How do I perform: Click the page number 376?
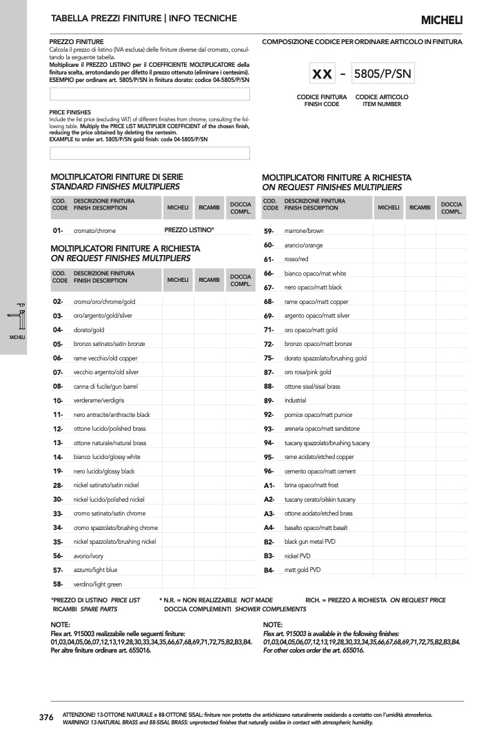46,717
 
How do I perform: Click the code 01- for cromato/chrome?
58,231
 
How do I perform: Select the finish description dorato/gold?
89,330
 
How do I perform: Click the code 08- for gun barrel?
58,387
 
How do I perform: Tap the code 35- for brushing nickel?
58,542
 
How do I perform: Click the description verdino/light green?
98,584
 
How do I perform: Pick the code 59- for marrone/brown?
269,231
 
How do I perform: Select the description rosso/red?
296,259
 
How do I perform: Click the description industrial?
296,400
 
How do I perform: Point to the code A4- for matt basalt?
269,528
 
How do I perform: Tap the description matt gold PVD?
303,570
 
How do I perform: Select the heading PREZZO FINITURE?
76,42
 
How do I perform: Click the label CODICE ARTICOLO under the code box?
382,97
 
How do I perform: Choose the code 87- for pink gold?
269,372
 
